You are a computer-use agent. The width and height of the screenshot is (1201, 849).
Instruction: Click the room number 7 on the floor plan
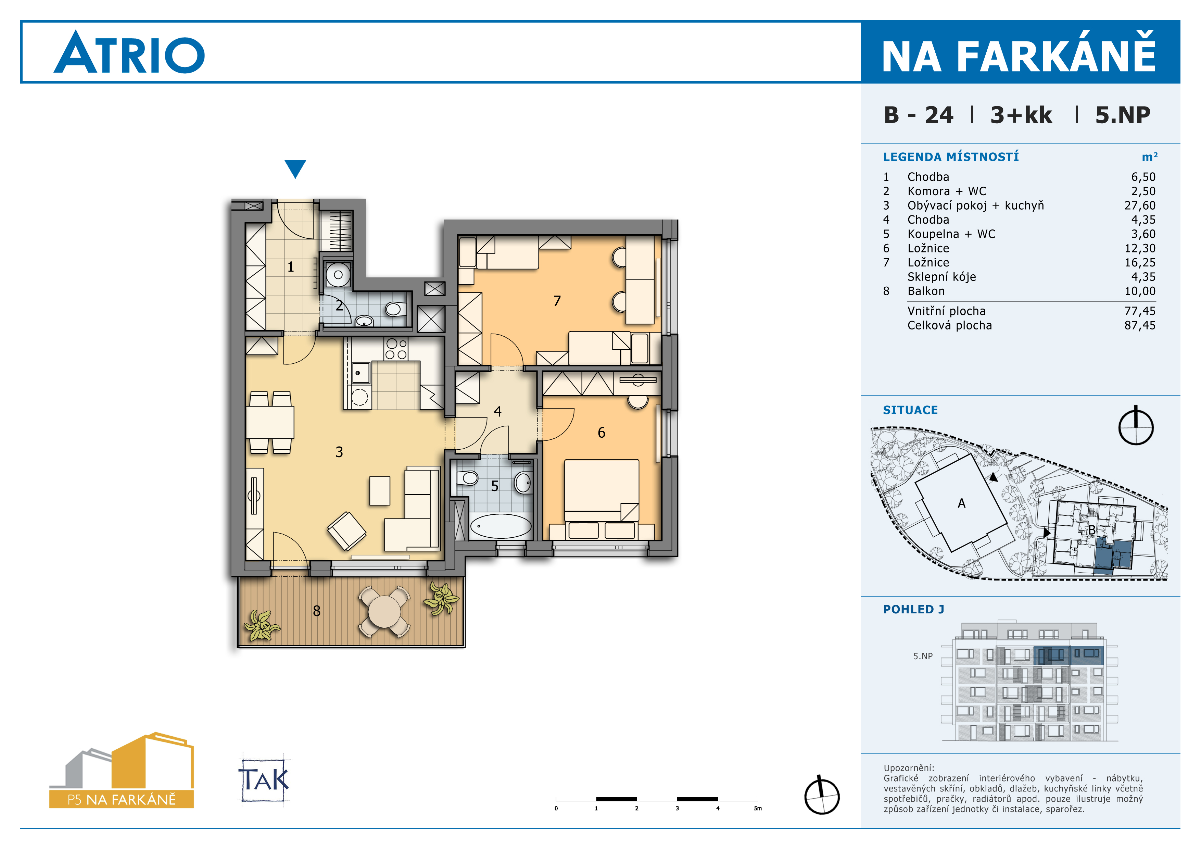[x=557, y=301]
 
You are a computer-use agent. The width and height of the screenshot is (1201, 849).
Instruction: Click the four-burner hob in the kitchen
[x=396, y=349]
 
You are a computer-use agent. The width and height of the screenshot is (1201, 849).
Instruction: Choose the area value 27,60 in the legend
[x=1140, y=205]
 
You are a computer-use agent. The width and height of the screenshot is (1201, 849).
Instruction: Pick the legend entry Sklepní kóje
[x=941, y=277]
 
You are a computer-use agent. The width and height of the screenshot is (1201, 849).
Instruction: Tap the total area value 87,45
[x=1140, y=325]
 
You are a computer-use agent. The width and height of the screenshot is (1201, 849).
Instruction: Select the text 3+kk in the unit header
[x=1021, y=115]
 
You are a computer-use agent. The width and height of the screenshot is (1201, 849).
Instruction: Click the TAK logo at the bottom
[x=264, y=779]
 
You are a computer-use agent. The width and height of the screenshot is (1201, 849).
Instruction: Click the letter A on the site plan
[x=961, y=503]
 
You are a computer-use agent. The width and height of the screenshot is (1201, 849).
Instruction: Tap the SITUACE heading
[x=910, y=410]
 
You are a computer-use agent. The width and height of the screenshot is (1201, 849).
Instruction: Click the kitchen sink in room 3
[x=361, y=373]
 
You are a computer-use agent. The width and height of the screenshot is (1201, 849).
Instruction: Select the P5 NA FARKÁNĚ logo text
[x=121, y=799]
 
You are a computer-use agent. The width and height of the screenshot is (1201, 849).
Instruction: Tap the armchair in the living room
[x=346, y=530]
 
